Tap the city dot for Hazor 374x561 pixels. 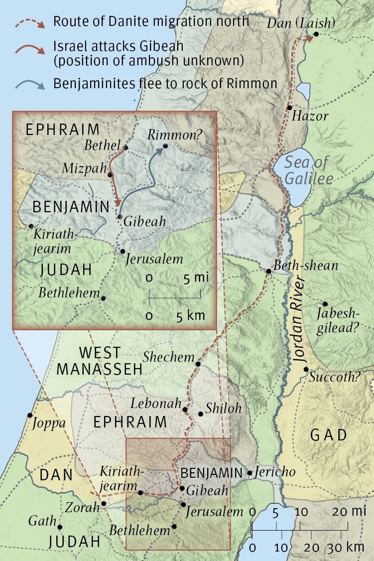[x=289, y=108]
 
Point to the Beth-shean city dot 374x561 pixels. [x=268, y=271]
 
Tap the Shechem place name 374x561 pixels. [x=168, y=357]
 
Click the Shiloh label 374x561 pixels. [x=223, y=409]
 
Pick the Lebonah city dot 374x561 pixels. [x=185, y=410]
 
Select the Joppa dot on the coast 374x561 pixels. [x=30, y=415]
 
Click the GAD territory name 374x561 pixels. [x=328, y=435]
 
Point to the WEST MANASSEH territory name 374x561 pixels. [x=100, y=361]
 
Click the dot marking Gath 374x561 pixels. [x=60, y=527]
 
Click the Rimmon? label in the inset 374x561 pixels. [x=169, y=135]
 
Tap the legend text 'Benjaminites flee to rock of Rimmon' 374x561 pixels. [x=165, y=83]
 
